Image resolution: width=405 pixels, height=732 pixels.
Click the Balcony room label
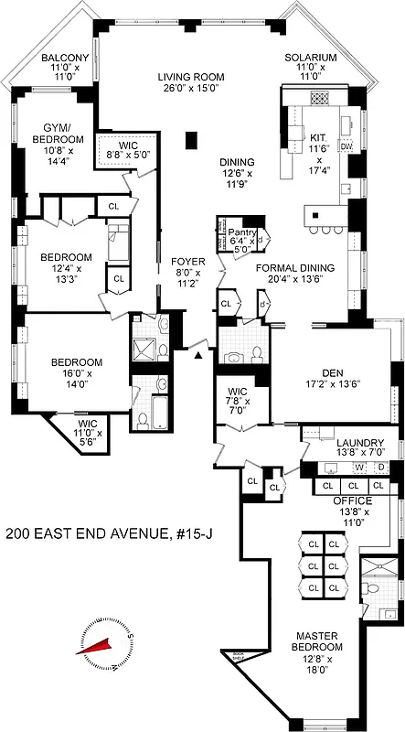pos(65,58)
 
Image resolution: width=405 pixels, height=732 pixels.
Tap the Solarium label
pos(310,58)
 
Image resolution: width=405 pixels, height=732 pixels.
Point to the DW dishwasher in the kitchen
pos(346,146)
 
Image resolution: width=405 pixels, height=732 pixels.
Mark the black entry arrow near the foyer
pos(197,353)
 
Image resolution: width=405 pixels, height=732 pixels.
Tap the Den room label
pos(330,371)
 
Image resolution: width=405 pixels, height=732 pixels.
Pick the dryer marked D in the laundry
pos(381,468)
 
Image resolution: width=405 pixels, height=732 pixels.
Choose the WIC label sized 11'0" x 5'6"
pos(87,430)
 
